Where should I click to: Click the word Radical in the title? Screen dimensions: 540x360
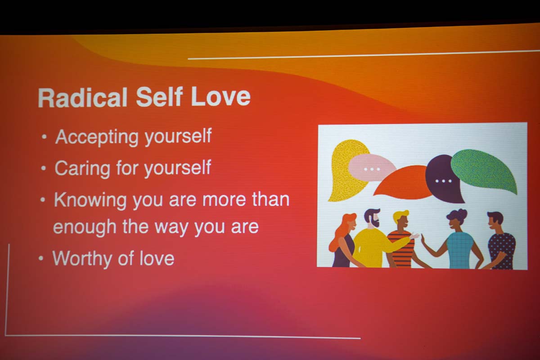[82, 97]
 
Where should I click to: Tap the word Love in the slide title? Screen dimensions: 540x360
[220, 96]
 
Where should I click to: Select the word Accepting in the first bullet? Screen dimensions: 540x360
[97, 137]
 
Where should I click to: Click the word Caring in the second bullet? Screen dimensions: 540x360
[82, 168]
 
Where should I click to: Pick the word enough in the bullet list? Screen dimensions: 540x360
[85, 228]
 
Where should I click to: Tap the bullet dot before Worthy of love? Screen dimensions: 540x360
[41, 258]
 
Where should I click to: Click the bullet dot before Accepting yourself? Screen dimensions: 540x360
[44, 137]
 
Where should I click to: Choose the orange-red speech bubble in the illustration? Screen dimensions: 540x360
[403, 183]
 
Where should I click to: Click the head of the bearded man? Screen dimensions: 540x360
[372, 218]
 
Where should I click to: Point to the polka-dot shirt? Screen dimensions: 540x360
[502, 251]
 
